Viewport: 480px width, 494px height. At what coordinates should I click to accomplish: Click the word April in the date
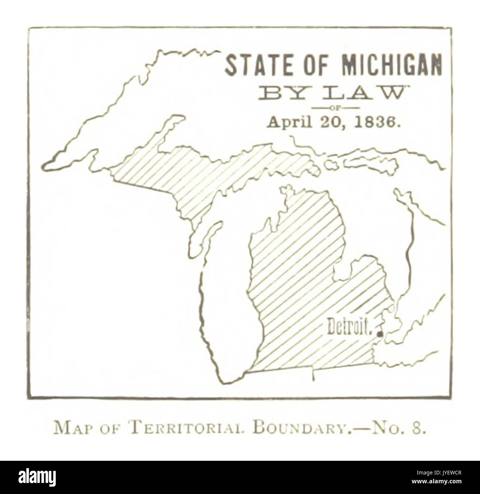(x=287, y=122)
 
